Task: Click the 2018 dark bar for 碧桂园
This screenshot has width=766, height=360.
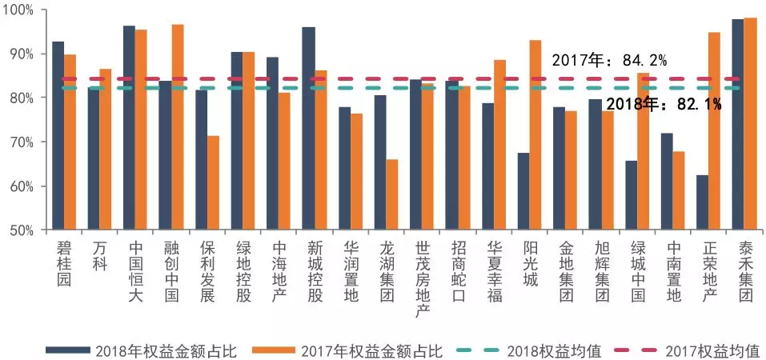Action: point(58,136)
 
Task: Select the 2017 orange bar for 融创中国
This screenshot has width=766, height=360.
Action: point(178,127)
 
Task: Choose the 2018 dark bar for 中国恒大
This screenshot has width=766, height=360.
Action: point(129,128)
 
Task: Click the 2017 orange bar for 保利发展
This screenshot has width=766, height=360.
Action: point(214,183)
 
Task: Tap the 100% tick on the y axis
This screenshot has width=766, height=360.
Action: point(20,10)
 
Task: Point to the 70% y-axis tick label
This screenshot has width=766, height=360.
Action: point(22,142)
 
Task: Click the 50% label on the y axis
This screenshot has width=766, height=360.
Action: point(22,231)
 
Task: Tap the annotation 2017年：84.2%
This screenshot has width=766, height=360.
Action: point(609,60)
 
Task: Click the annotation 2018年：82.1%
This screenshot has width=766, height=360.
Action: point(664,104)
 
